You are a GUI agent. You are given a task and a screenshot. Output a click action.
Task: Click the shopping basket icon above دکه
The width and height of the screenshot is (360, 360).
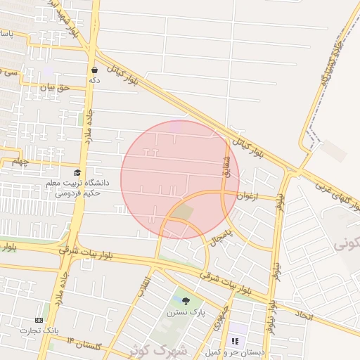click(x=94, y=70)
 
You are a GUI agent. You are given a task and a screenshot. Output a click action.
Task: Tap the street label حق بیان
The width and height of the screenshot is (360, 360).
click(x=56, y=88)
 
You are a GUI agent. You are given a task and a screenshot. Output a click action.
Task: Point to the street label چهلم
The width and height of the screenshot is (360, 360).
click(x=19, y=162)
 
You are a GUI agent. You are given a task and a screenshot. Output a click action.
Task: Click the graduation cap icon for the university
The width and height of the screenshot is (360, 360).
click(x=77, y=173)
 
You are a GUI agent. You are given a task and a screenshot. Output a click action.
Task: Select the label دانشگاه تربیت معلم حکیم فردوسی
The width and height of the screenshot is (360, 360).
click(x=82, y=186)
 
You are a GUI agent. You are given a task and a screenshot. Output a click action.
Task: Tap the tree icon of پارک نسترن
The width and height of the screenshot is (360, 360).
click(x=186, y=301)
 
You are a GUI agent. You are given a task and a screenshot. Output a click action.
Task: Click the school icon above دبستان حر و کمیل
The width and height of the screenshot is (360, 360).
click(x=235, y=341)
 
